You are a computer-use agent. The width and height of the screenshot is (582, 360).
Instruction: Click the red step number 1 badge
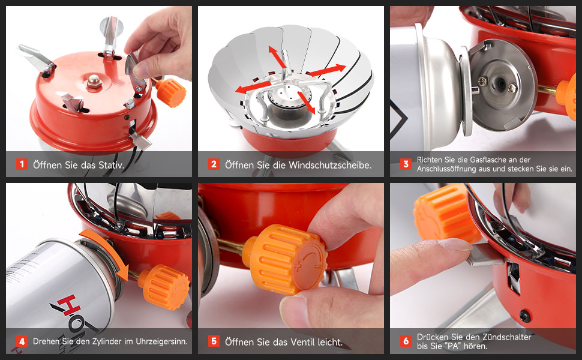coord(22,164)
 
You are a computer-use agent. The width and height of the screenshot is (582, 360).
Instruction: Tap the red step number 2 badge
coord(214,164)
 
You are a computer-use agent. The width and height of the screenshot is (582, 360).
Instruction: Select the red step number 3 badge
coord(406,164)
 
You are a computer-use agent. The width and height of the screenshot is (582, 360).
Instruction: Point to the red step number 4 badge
coord(22,341)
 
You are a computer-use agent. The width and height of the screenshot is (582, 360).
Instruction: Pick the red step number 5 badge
coord(214,341)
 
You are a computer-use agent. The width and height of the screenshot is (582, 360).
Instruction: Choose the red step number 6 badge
coord(406,341)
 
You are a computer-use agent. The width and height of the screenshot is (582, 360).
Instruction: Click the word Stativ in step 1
coord(111,165)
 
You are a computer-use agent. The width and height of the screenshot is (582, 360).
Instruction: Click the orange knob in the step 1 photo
coord(170,92)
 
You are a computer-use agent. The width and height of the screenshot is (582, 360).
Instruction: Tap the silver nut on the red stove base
coord(94,81)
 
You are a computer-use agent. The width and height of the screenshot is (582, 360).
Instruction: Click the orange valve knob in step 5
coord(284,259)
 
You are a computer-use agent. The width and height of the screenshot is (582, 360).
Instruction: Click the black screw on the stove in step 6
coord(525,316)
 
